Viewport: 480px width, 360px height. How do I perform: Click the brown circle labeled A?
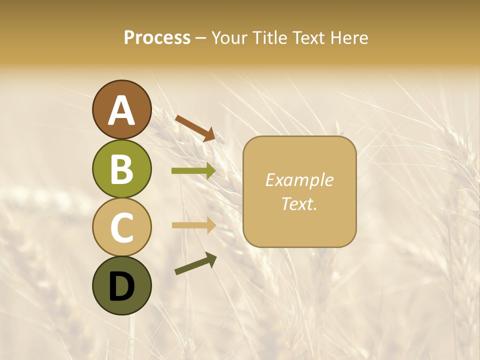click(x=121, y=109)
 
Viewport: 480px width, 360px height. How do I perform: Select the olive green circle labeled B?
click(x=121, y=168)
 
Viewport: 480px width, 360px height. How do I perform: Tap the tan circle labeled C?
click(x=121, y=227)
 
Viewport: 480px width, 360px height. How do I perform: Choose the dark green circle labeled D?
click(x=121, y=285)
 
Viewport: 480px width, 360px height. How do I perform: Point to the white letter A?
click(x=121, y=110)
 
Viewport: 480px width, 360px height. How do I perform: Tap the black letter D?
click(x=121, y=286)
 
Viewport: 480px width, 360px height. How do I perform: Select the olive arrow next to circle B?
click(x=193, y=171)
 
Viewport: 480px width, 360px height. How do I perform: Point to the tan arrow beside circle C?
click(x=193, y=225)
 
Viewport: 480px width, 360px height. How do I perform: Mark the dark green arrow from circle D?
click(x=195, y=263)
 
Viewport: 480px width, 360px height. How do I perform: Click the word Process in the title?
click(x=157, y=37)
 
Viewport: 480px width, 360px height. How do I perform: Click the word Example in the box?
click(x=299, y=180)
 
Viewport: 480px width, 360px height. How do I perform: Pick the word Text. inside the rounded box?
click(x=299, y=203)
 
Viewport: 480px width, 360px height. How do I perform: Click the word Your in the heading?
click(x=230, y=37)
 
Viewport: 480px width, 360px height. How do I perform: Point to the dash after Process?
click(x=201, y=38)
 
